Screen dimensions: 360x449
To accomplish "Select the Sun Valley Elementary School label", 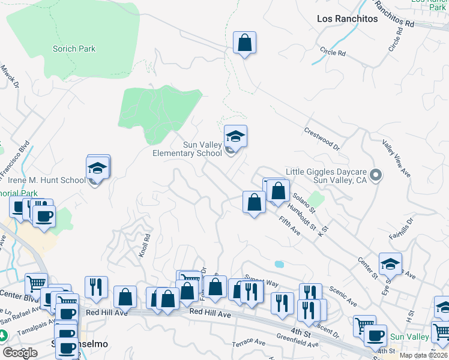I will coord(187,148).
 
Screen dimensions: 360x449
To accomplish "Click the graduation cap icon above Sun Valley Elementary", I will coord(236,137).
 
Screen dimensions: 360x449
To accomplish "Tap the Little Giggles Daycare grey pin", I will coord(376,175).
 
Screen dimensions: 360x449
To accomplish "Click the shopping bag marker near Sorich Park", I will coord(244,43).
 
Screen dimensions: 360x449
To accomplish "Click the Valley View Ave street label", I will coord(396,158).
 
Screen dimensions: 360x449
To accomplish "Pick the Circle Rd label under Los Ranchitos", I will coord(333,53).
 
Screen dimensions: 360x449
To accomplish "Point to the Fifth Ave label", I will coord(289,226).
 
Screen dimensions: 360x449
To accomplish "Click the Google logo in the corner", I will coord(20,352).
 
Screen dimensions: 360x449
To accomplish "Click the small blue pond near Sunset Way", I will coord(279,264).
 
